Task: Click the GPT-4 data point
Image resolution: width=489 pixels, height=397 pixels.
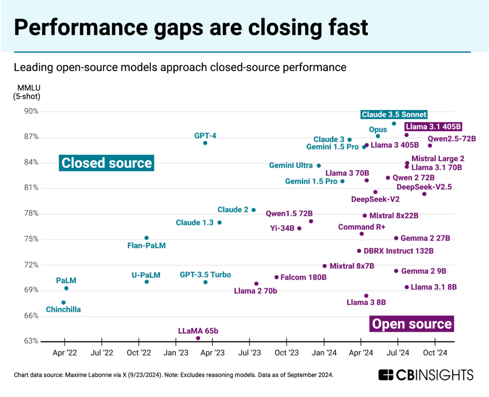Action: coord(205,143)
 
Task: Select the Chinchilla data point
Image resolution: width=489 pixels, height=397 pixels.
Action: coord(64,303)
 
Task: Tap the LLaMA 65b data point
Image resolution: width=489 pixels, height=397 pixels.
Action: coord(198,338)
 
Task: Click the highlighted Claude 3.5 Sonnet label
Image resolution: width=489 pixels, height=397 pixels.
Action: coord(394,114)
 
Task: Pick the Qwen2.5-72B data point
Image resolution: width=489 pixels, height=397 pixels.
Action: coord(430,146)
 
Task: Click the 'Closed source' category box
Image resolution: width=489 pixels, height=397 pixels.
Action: coord(106,163)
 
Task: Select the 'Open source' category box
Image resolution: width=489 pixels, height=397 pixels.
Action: coord(412,324)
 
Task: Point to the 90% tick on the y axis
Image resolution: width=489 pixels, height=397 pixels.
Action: coord(32,112)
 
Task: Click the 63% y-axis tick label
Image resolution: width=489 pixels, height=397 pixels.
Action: coord(32,341)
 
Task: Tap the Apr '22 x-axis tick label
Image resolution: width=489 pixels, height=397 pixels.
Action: coord(64,353)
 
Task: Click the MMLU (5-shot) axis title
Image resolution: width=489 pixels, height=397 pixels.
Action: coord(29,92)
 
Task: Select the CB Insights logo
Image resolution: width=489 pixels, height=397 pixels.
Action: coord(425,375)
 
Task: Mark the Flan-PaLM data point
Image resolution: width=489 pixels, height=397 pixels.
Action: coord(147,238)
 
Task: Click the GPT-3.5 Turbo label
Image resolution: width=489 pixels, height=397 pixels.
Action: coord(205,275)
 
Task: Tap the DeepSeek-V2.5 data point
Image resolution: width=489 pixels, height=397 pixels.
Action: coord(424,194)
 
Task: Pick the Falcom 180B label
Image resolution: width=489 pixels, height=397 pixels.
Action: coord(303,277)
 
